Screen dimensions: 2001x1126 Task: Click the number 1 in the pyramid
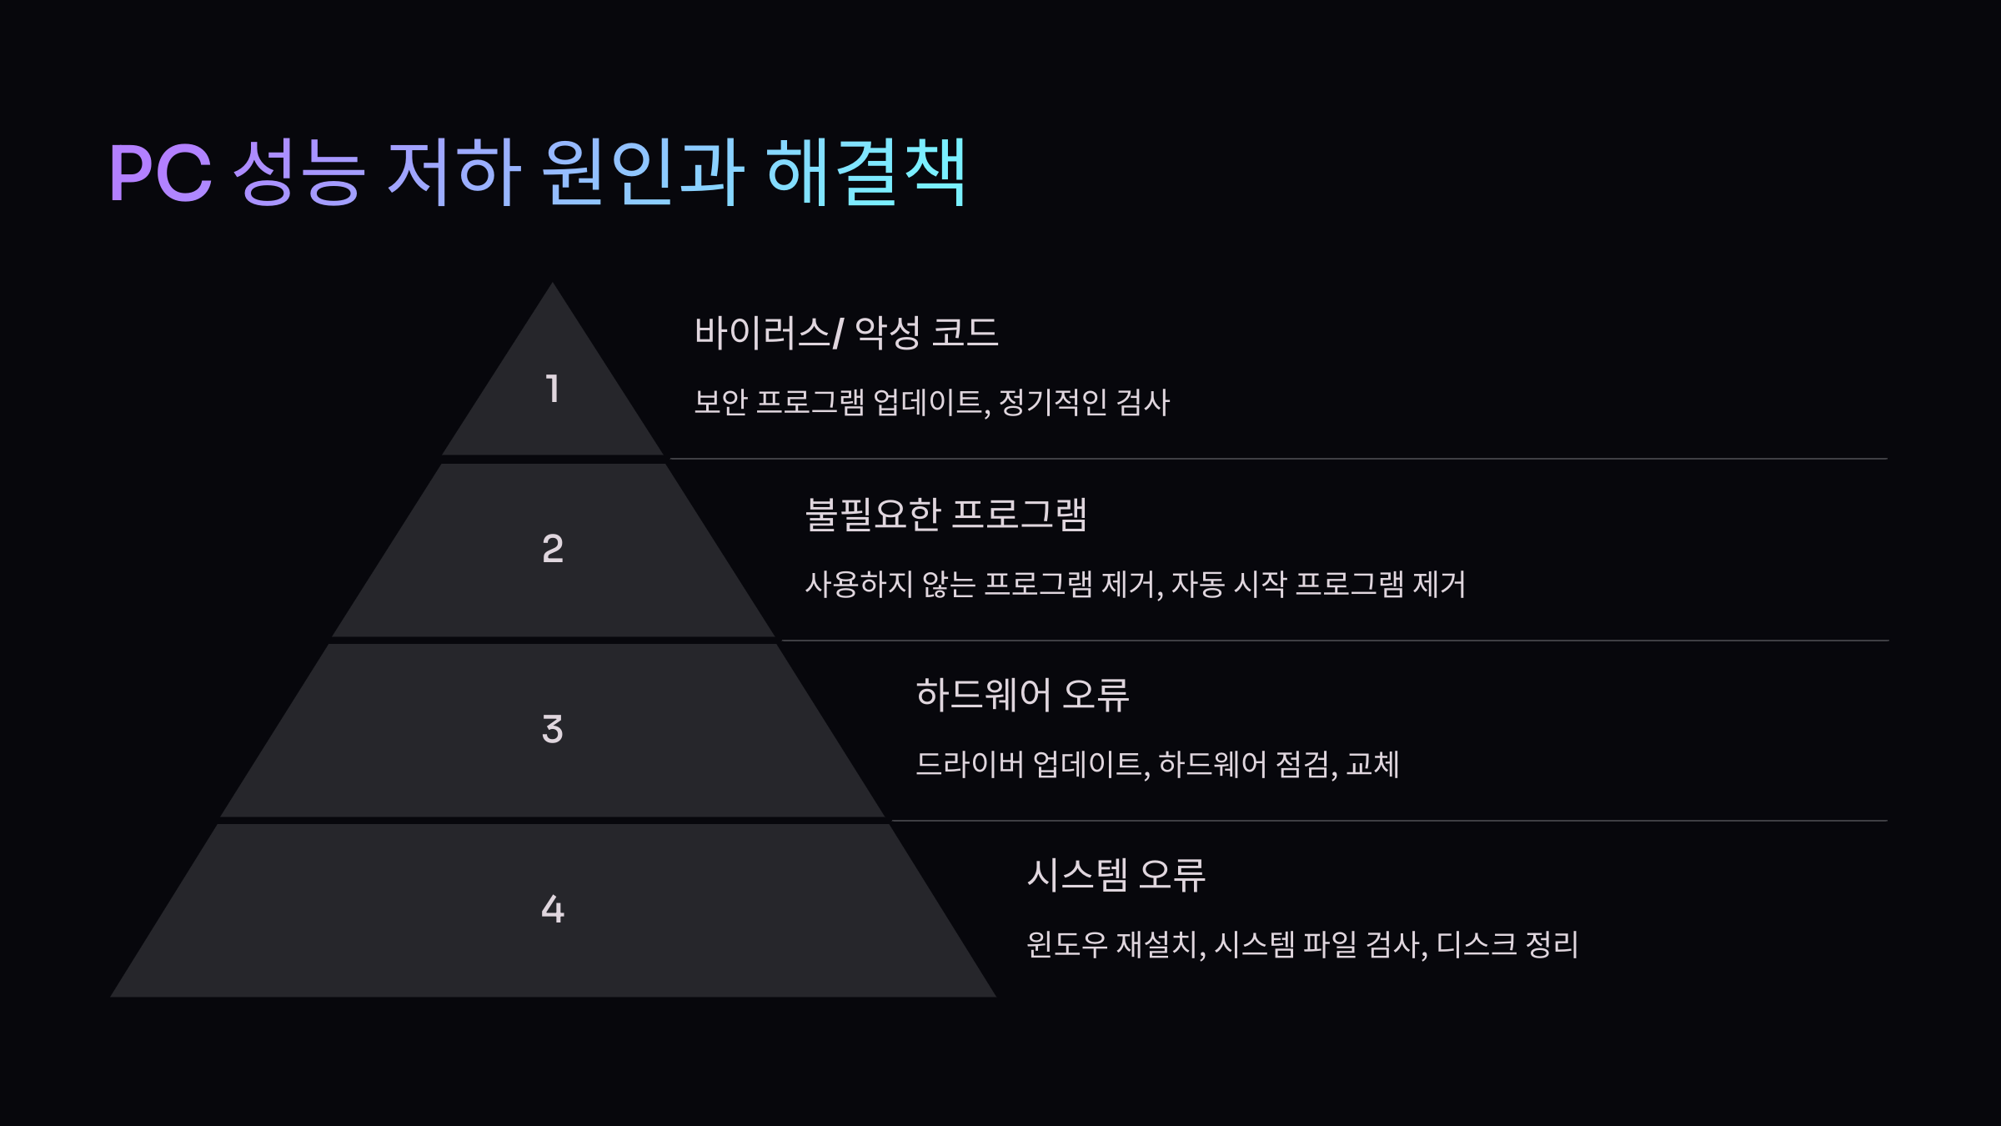point(552,389)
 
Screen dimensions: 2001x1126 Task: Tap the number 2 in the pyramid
point(552,549)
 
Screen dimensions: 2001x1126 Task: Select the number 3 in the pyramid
point(552,729)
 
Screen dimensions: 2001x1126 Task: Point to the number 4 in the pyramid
point(552,909)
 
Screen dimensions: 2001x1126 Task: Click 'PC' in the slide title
point(160,173)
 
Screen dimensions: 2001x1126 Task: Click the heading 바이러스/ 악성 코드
point(846,333)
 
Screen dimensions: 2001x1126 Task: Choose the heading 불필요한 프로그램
point(946,514)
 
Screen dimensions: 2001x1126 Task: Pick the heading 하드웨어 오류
point(1022,694)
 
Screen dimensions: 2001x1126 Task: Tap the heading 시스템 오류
point(1116,875)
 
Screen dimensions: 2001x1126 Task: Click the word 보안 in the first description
point(720,403)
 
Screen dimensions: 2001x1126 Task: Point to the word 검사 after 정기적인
point(1142,403)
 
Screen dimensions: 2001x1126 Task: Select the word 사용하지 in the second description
point(859,584)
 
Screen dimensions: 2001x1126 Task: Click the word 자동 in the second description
point(1197,584)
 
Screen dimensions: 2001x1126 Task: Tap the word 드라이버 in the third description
point(969,764)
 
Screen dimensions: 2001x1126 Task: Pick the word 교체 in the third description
point(1372,764)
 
